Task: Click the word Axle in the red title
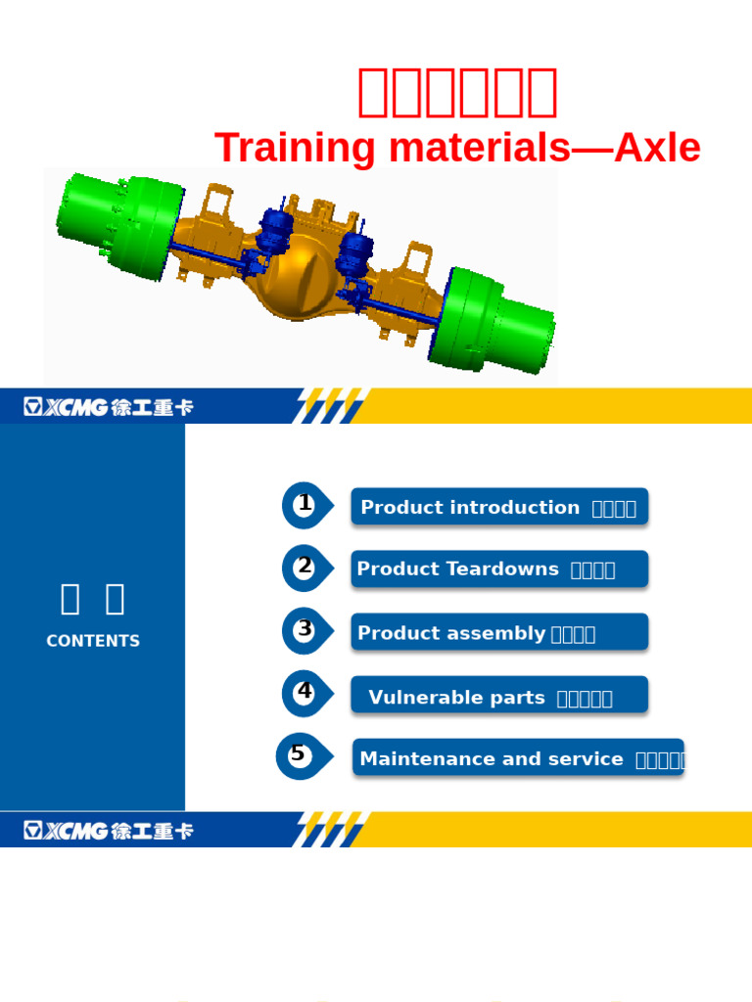click(658, 149)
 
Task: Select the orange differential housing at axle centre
click(299, 284)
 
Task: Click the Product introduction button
click(499, 507)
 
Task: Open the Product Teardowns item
click(499, 569)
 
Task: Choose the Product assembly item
click(499, 632)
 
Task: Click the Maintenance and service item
click(518, 757)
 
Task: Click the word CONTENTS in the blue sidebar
click(93, 641)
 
